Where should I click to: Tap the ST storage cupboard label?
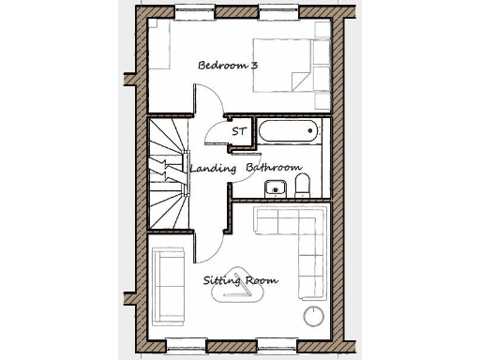click(239, 132)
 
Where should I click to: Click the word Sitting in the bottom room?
click(222, 280)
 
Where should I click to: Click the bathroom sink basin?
click(275, 187)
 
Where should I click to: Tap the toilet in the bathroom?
click(304, 183)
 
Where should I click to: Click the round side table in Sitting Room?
click(310, 314)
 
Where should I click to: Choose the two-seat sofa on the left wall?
click(169, 281)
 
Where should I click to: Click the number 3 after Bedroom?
click(255, 66)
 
